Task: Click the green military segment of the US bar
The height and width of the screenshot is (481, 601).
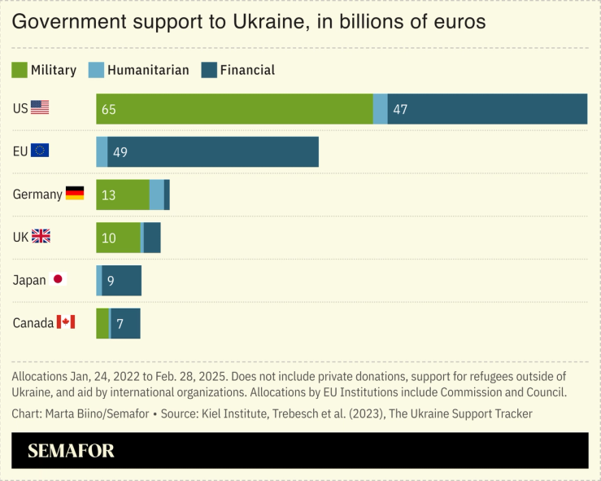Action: click(x=234, y=109)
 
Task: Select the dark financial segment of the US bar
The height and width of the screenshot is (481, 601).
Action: click(x=487, y=109)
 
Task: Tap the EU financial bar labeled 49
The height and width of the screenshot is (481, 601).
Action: click(x=212, y=152)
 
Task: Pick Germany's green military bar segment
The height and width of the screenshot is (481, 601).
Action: click(x=123, y=195)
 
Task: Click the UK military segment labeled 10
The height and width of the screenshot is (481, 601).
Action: click(x=119, y=238)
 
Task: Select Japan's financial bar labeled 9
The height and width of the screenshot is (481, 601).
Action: click(x=122, y=280)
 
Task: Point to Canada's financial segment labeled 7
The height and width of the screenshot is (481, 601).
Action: click(x=126, y=323)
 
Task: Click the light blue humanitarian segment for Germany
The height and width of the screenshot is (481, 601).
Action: click(x=156, y=195)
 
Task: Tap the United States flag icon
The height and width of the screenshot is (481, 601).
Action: click(x=40, y=107)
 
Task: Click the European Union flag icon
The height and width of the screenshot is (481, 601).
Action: click(x=40, y=150)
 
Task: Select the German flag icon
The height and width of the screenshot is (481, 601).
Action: click(x=75, y=194)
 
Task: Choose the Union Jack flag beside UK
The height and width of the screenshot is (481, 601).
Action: click(x=41, y=236)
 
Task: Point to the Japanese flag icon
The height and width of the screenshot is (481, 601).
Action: click(x=59, y=279)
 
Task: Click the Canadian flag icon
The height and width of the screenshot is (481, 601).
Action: click(x=66, y=322)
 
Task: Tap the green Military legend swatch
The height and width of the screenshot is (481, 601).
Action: click(x=19, y=70)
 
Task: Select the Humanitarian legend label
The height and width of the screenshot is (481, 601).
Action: click(x=148, y=70)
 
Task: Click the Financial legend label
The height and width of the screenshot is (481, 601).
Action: click(x=247, y=70)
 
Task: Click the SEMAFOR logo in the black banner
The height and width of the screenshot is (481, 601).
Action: click(x=71, y=451)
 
